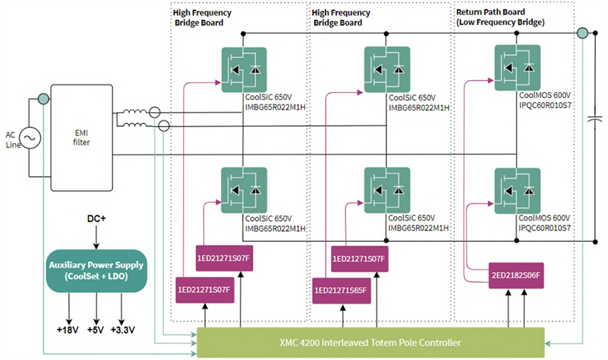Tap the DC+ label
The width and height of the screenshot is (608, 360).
(x=95, y=216)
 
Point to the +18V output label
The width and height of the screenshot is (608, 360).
(x=69, y=331)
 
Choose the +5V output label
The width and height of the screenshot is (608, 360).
(x=95, y=331)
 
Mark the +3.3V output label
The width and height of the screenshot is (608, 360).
(x=126, y=331)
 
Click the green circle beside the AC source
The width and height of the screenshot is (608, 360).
(x=44, y=99)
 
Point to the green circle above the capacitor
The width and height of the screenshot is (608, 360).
(x=583, y=33)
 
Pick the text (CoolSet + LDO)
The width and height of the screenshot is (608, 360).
(x=96, y=276)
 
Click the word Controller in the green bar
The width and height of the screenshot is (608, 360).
(x=436, y=341)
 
